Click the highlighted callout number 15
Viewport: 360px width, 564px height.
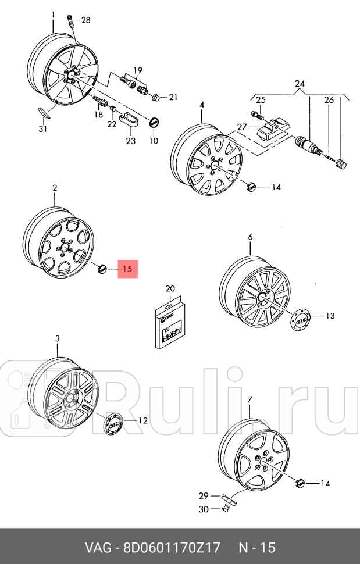click(128, 269)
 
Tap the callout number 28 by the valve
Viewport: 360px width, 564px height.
click(85, 20)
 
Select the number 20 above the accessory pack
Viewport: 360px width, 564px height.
click(170, 288)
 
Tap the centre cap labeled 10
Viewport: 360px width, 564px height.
click(154, 123)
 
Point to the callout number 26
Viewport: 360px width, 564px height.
click(329, 101)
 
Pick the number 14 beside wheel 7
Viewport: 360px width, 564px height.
click(325, 483)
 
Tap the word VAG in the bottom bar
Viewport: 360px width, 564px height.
click(99, 548)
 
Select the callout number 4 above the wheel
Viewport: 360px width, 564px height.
click(202, 105)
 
